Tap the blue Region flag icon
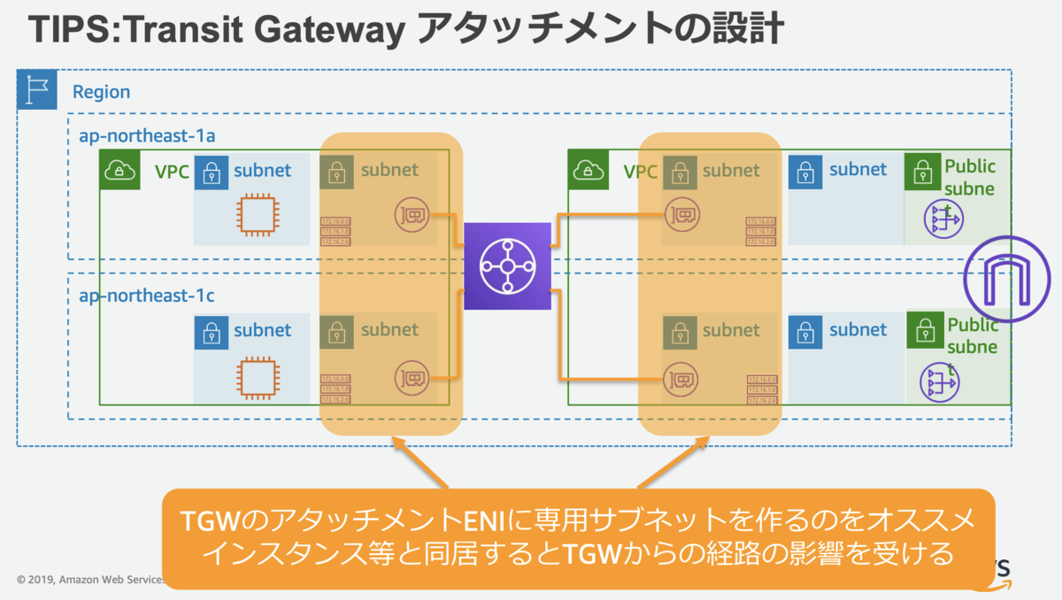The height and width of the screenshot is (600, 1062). tap(37, 91)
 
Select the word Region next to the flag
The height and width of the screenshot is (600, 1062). tap(101, 92)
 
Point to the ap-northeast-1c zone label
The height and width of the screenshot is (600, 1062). tap(146, 296)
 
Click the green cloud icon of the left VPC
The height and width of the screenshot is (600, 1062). tap(118, 170)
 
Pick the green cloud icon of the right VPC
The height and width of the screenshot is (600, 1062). tap(586, 170)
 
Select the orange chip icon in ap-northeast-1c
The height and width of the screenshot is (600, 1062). tap(255, 377)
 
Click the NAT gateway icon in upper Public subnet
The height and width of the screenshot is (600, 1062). tap(941, 219)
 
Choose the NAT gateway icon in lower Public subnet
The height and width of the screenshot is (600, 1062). tap(939, 381)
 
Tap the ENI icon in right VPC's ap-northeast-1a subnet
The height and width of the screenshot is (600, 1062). tap(680, 214)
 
